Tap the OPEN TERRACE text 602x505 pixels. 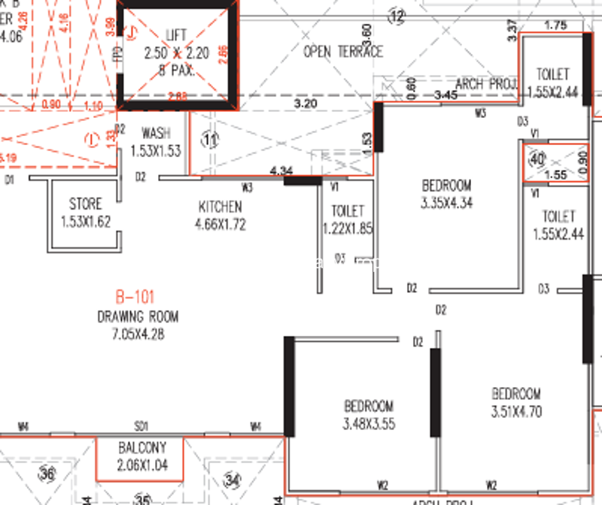point(343,52)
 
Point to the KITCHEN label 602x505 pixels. point(220,207)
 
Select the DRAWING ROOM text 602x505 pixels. point(138,317)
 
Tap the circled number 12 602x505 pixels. point(397,14)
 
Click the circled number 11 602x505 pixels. point(210,139)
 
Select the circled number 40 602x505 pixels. point(537,160)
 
